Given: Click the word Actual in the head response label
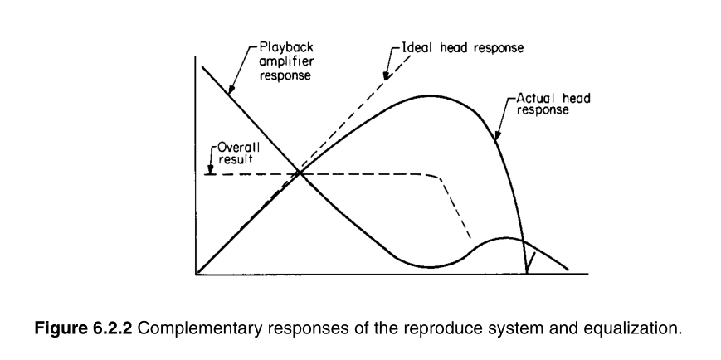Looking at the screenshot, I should click(x=533, y=98).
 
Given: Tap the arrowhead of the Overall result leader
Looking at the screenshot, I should click(x=212, y=172).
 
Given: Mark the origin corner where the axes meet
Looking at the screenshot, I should click(x=197, y=272).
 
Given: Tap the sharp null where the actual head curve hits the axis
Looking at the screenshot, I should click(x=527, y=270).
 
